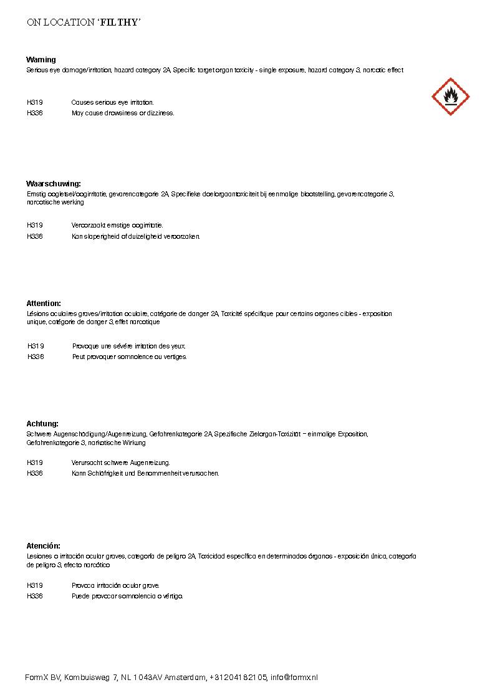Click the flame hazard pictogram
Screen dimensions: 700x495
coord(450,97)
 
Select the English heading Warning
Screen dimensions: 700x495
coord(41,60)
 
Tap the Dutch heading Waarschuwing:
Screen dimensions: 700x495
coord(54,184)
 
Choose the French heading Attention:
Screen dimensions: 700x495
coord(44,304)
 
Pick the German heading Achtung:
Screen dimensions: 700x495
coord(42,423)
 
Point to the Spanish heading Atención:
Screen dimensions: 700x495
coord(43,546)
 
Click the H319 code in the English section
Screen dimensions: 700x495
coord(35,102)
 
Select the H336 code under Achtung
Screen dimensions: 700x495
coord(35,473)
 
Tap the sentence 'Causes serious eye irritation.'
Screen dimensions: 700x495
coord(112,102)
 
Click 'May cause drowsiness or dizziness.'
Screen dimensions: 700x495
coord(123,113)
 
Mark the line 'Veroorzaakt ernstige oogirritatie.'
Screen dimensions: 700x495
coord(117,225)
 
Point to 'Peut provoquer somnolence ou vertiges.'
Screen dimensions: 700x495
coord(130,357)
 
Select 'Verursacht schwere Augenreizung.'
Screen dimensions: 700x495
coord(120,463)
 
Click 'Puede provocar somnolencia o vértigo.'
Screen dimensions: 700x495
coord(127,596)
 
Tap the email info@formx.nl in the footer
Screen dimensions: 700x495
coord(294,678)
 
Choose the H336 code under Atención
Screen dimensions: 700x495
coord(35,596)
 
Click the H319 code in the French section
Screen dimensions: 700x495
coord(36,346)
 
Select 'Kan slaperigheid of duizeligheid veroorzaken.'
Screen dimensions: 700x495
coord(136,236)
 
